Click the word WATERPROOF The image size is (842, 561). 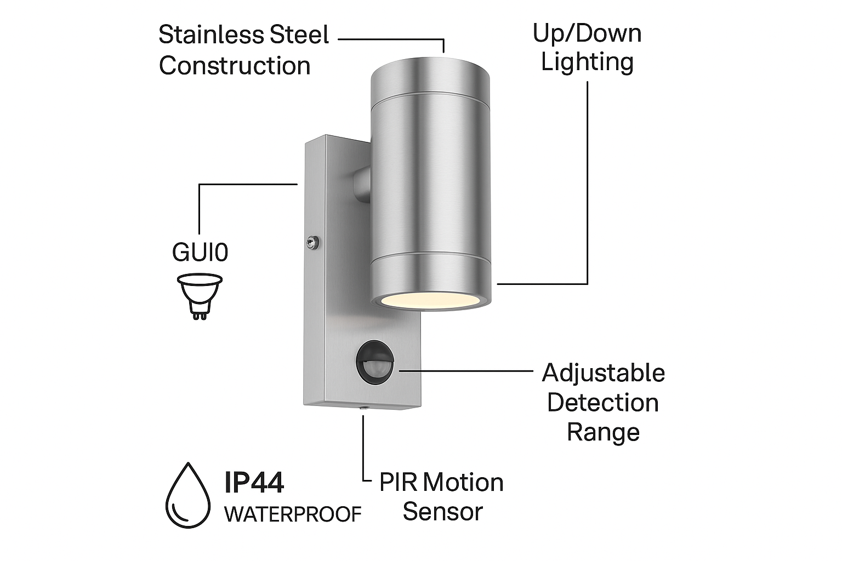pos(293,514)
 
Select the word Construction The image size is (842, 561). pos(235,66)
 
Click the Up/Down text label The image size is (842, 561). pos(587,33)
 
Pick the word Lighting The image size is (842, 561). pos(587,62)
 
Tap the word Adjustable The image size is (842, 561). pos(603,373)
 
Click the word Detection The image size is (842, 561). pos(602,403)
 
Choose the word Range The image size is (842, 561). pos(602,432)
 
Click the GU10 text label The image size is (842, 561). pos(200,253)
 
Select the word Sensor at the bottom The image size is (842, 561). pos(442,512)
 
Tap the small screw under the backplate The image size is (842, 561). pos(362,408)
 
